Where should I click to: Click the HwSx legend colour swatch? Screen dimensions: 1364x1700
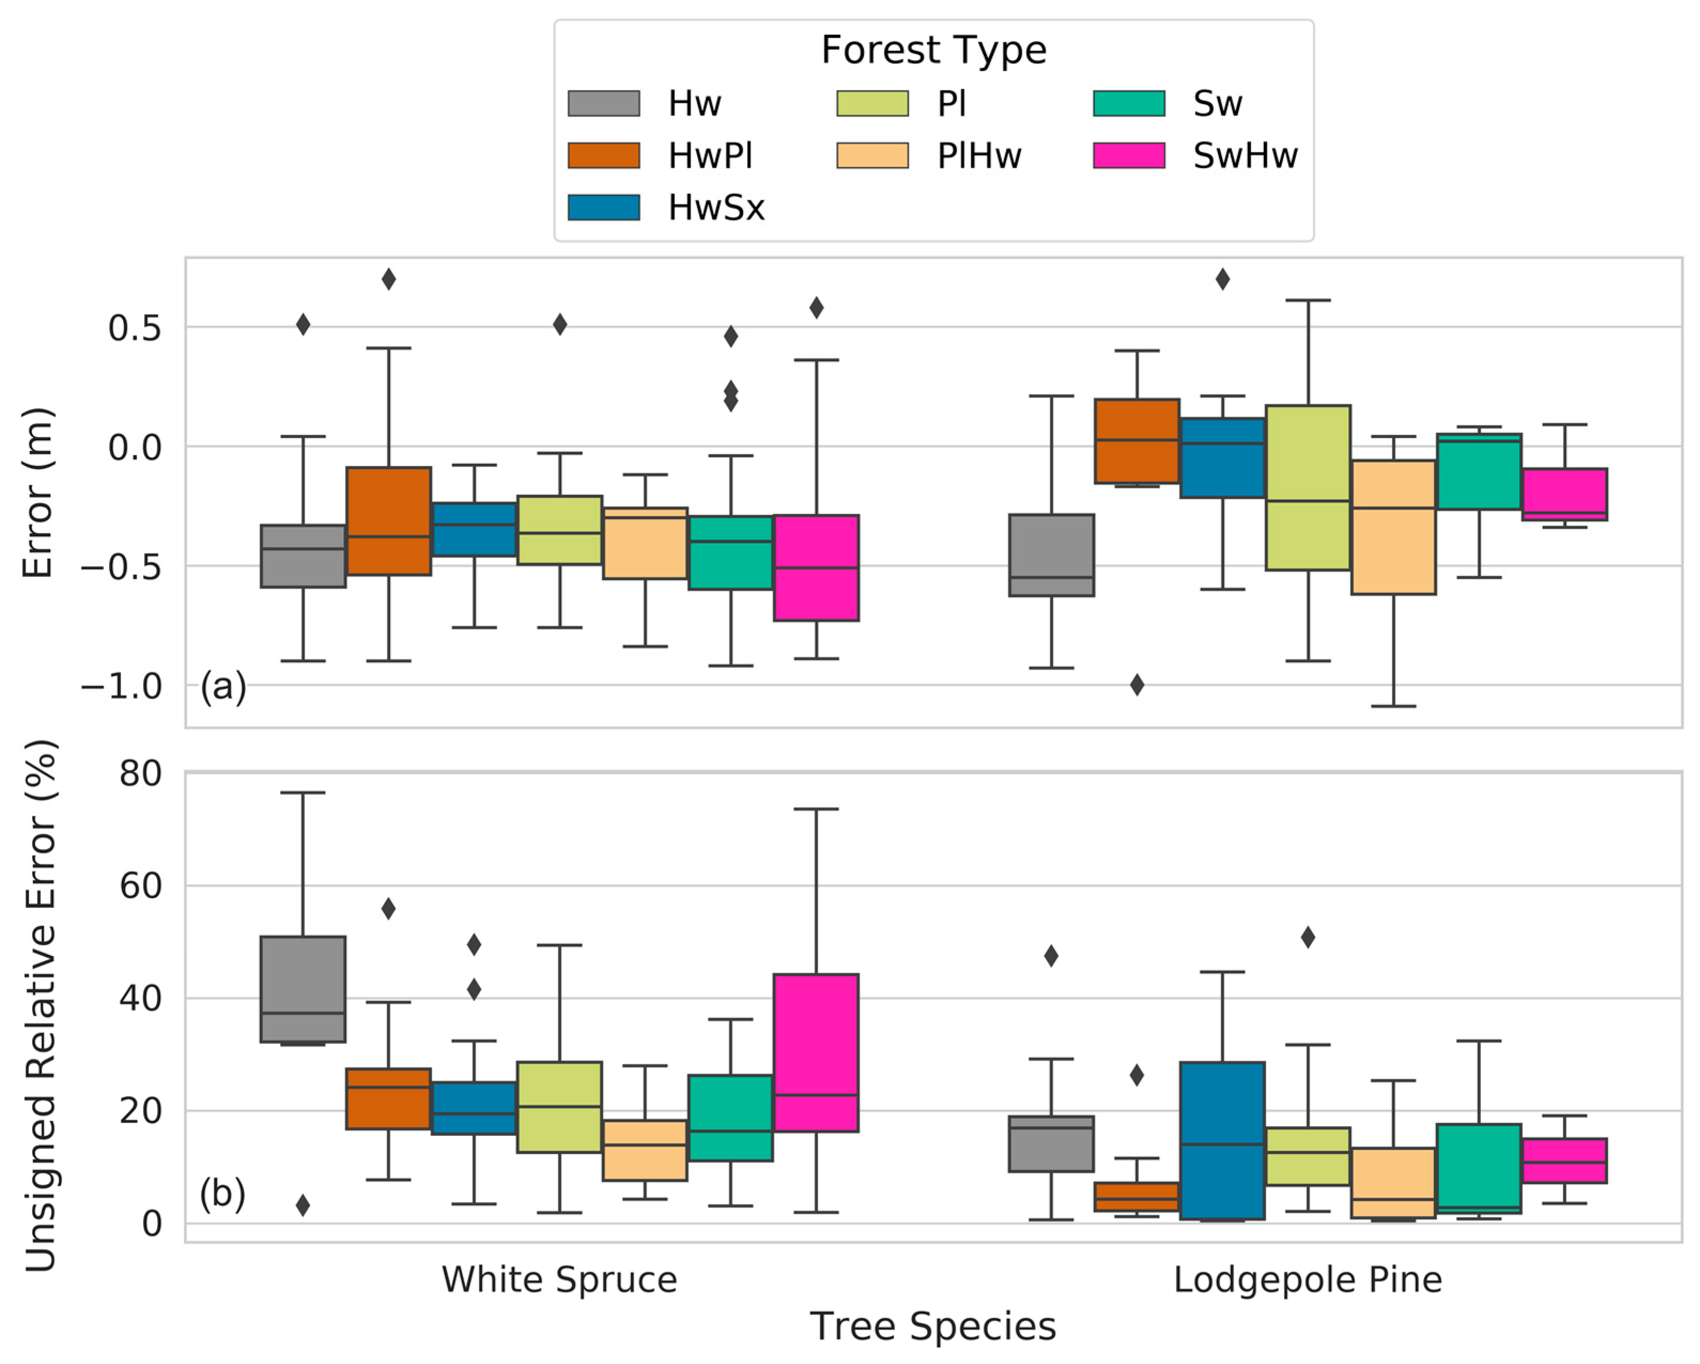603,207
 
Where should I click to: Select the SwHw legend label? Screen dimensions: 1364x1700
1245,155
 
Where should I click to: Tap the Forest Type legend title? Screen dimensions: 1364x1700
934,50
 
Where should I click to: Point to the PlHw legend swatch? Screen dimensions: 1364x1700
872,155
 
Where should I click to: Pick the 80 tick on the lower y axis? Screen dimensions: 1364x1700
141,774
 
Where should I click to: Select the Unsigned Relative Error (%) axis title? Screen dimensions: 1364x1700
41,1006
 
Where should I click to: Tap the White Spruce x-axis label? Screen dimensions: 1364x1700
559,1279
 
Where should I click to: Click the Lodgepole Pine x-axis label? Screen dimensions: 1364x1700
1307,1279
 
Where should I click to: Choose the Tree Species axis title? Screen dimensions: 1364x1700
933,1326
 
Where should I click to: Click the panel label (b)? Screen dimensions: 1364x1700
222,1193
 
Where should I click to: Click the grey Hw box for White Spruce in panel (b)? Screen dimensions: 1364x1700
303,989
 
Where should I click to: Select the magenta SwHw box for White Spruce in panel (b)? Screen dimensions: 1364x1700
816,1053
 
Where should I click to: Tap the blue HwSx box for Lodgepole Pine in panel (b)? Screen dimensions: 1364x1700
1222,1140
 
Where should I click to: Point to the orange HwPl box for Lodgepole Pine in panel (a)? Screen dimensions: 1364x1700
1137,441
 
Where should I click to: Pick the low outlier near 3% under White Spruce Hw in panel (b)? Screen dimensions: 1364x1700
303,1205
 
